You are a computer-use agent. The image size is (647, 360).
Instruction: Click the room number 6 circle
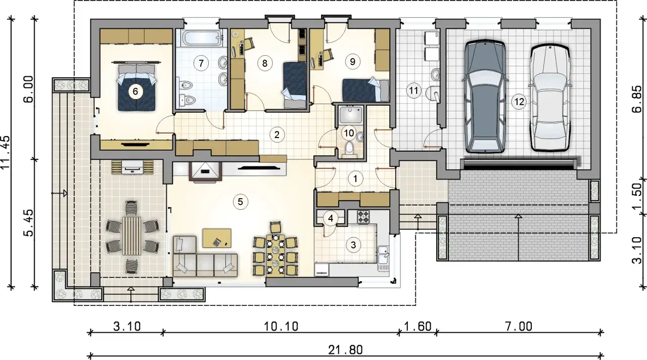(135, 92)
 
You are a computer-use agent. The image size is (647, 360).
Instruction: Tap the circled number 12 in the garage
(519, 102)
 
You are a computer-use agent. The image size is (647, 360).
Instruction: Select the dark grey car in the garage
(485, 96)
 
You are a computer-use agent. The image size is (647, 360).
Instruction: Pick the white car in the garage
(550, 98)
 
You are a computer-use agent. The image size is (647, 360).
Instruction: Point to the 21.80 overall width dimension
(345, 350)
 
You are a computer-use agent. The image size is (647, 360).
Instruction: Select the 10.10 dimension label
(281, 327)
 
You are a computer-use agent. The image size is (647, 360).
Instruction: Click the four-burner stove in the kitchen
(363, 217)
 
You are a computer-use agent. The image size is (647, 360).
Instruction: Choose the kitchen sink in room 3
(383, 258)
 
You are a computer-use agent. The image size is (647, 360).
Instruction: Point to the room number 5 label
(240, 202)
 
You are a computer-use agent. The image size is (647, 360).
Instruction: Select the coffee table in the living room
(217, 238)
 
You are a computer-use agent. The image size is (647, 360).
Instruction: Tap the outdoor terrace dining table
(132, 236)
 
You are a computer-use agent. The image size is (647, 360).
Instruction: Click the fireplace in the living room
(205, 172)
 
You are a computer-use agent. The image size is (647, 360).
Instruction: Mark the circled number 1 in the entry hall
(355, 178)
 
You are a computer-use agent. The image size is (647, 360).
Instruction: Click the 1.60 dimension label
(418, 327)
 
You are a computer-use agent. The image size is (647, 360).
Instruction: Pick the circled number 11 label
(413, 91)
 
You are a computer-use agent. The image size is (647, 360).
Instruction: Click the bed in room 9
(365, 89)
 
